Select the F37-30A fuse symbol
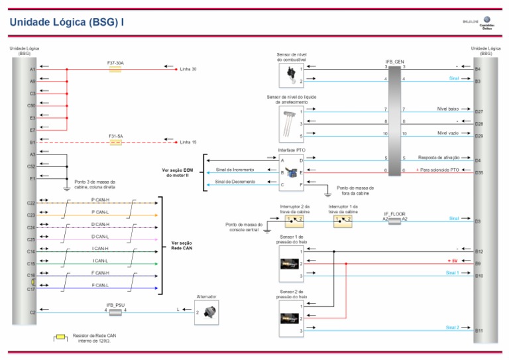coord(115,69)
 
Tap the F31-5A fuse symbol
coord(115,142)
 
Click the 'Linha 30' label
coord(189,69)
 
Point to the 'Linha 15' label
coord(189,142)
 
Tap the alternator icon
coord(205,312)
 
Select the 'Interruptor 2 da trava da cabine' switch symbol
coord(294,219)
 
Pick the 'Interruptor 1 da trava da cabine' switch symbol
coord(343,219)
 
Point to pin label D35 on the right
coord(479,173)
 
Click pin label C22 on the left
coord(31,203)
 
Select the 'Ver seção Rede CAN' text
coord(183,245)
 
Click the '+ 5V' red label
coord(453,261)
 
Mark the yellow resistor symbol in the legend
coord(61,337)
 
